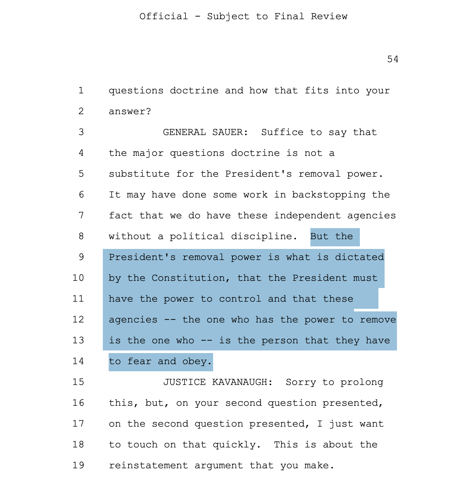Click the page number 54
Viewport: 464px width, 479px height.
click(393, 59)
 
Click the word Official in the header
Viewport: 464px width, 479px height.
click(164, 16)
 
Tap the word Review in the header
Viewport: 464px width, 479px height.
click(329, 16)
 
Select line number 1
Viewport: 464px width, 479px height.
click(81, 90)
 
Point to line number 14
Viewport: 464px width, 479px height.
click(78, 361)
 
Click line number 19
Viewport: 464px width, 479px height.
click(78, 465)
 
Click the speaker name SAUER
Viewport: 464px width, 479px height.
click(230, 132)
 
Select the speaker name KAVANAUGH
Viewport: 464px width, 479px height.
click(242, 382)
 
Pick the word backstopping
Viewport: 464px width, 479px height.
click(329, 195)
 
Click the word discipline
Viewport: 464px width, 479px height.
click(264, 237)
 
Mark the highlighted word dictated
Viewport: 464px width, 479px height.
click(360, 257)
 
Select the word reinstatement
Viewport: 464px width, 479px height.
click(148, 465)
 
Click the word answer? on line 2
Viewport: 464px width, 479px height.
click(130, 112)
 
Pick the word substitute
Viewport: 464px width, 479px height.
click(139, 174)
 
